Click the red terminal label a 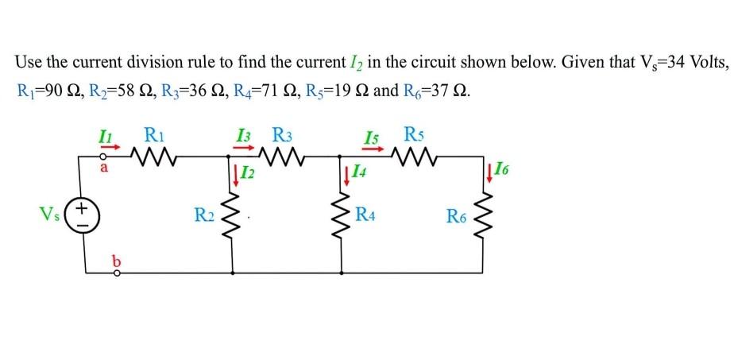tap(104, 168)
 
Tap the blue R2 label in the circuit tap(204, 214)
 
